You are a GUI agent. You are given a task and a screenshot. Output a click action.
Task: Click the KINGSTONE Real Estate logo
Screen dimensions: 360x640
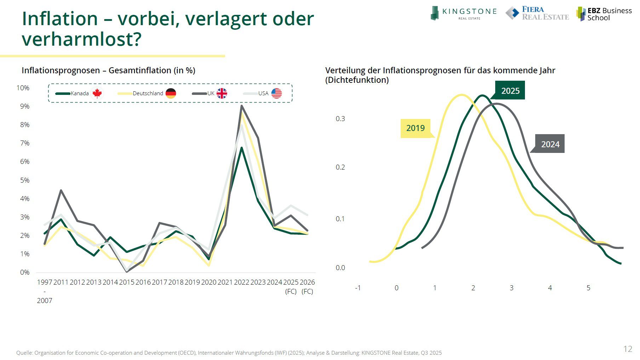[463, 13]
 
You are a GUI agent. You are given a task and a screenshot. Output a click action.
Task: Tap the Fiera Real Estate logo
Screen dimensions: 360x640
[537, 13]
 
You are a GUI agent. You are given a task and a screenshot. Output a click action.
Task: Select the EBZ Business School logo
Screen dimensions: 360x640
[604, 14]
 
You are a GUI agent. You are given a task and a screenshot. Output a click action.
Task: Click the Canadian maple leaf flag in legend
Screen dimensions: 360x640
[97, 93]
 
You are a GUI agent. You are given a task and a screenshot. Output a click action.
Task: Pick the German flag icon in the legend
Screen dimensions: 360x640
[171, 93]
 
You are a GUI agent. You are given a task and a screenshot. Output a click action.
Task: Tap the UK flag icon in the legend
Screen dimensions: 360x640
[222, 93]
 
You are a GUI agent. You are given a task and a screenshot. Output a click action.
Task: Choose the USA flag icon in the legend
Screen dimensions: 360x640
[276, 93]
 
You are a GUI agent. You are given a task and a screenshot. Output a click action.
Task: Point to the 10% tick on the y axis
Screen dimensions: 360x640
[23, 88]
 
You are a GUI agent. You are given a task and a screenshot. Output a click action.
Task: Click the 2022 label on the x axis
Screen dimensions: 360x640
[241, 282]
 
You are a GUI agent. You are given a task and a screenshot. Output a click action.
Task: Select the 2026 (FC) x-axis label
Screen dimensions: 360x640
[307, 286]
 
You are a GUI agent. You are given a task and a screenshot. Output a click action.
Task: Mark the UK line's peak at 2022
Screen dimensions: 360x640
[241, 105]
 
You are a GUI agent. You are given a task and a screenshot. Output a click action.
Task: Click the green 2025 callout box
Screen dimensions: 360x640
[510, 91]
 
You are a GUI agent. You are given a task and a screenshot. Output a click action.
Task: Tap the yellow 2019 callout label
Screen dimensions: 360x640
[415, 128]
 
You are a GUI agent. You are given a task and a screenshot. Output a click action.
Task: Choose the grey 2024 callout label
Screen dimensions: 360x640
[550, 144]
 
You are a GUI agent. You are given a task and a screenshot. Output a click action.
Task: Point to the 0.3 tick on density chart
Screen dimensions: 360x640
[340, 119]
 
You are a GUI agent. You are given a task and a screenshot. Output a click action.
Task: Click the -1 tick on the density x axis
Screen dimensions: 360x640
[358, 288]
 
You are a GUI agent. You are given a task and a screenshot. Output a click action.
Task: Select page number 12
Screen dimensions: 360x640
[628, 349]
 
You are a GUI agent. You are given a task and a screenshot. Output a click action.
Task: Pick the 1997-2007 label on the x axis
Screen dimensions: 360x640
[45, 291]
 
